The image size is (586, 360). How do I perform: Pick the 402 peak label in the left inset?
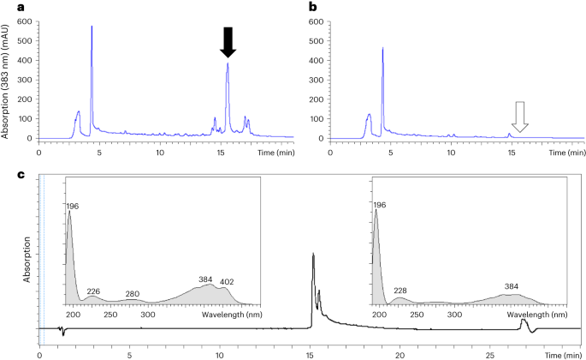point(226,282)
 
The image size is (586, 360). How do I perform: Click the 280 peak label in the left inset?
point(132,294)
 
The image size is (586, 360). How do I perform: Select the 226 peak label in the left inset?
point(93,291)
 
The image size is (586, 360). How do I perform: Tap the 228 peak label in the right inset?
point(400,291)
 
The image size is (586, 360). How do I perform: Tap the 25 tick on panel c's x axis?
point(490,351)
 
